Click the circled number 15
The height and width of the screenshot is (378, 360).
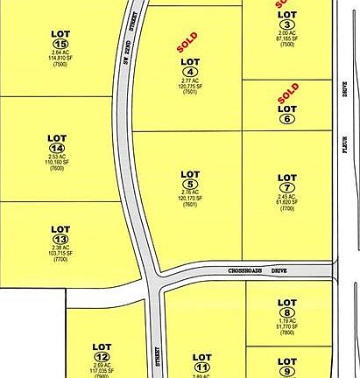click(x=60, y=45)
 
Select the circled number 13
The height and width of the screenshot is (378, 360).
click(x=60, y=239)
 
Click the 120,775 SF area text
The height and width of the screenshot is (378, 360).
click(x=190, y=87)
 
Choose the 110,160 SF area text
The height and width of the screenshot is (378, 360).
click(x=60, y=163)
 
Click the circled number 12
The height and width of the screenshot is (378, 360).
click(x=102, y=356)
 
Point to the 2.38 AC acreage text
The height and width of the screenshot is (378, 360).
click(x=60, y=248)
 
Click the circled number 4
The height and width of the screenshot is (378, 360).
click(x=190, y=72)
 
